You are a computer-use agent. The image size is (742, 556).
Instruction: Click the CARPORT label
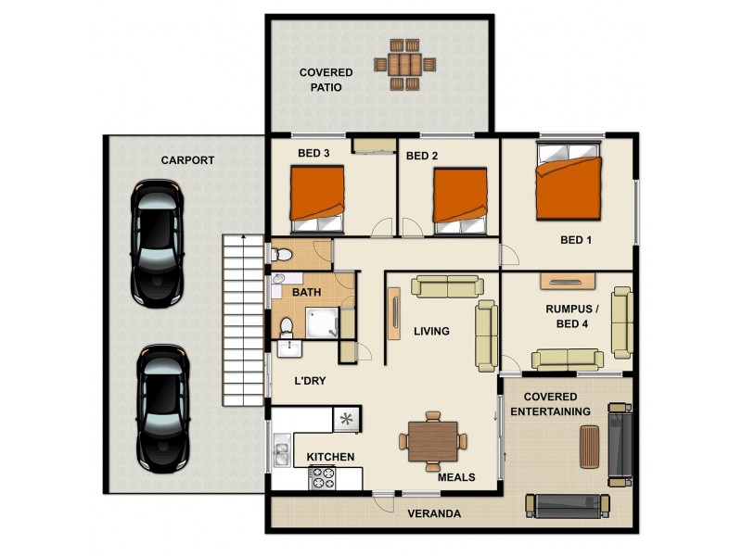point(187,160)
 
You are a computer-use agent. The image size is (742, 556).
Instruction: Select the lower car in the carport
point(162,407)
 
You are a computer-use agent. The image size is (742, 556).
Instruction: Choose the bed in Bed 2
point(460,198)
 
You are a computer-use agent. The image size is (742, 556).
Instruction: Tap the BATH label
point(307,293)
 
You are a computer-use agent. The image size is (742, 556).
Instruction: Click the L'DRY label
point(309,381)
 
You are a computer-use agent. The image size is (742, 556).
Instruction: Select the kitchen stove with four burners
point(322,478)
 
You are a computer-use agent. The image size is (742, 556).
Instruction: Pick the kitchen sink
point(281,454)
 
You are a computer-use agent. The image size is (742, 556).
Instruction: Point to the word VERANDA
point(434,513)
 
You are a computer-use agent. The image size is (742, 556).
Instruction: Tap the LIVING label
point(431,331)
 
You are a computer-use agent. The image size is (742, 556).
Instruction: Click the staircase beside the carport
point(244,321)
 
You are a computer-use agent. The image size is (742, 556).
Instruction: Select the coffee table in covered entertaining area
point(588,448)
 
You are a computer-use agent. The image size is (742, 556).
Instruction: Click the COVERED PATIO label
point(326,80)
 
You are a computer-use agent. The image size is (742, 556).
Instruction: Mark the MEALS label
point(456,478)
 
